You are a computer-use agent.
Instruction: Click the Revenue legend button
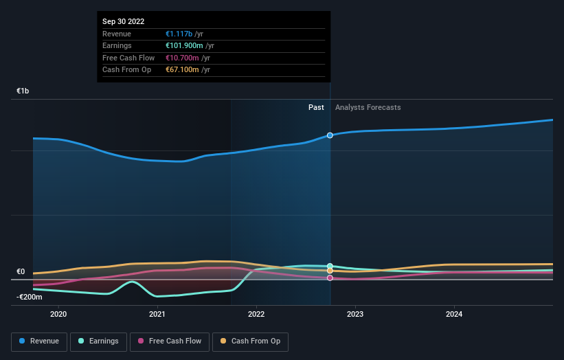click(39, 341)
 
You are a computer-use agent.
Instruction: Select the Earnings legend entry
click(98, 341)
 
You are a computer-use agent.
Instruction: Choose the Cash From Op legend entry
click(250, 341)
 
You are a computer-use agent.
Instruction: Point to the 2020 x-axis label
click(58, 315)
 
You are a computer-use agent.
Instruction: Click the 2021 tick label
click(157, 315)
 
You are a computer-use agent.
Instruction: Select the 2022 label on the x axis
click(256, 315)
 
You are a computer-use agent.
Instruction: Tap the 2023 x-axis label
click(355, 315)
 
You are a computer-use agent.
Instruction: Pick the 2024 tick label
click(454, 315)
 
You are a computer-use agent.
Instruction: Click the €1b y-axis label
click(23, 91)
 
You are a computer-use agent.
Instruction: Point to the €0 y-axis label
click(21, 271)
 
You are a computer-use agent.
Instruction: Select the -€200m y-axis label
click(29, 297)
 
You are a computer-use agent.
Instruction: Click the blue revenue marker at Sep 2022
click(330, 135)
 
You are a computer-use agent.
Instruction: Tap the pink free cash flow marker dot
click(330, 278)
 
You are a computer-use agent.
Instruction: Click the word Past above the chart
click(316, 107)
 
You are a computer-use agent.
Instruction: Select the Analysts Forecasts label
click(368, 107)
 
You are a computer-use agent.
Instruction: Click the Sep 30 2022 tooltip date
click(124, 22)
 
